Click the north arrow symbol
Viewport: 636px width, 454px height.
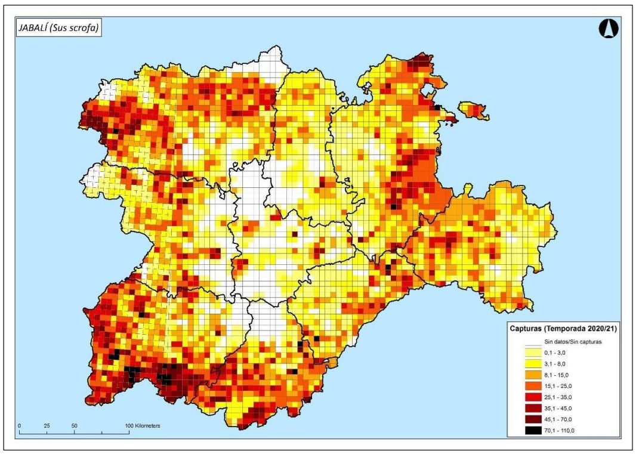[608, 28]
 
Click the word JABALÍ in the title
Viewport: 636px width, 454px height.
[35, 28]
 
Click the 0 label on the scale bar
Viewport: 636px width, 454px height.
[20, 426]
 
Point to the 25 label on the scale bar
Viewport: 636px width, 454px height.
[47, 426]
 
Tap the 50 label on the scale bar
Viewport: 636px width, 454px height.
[75, 426]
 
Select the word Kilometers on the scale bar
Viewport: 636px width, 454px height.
[147, 426]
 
